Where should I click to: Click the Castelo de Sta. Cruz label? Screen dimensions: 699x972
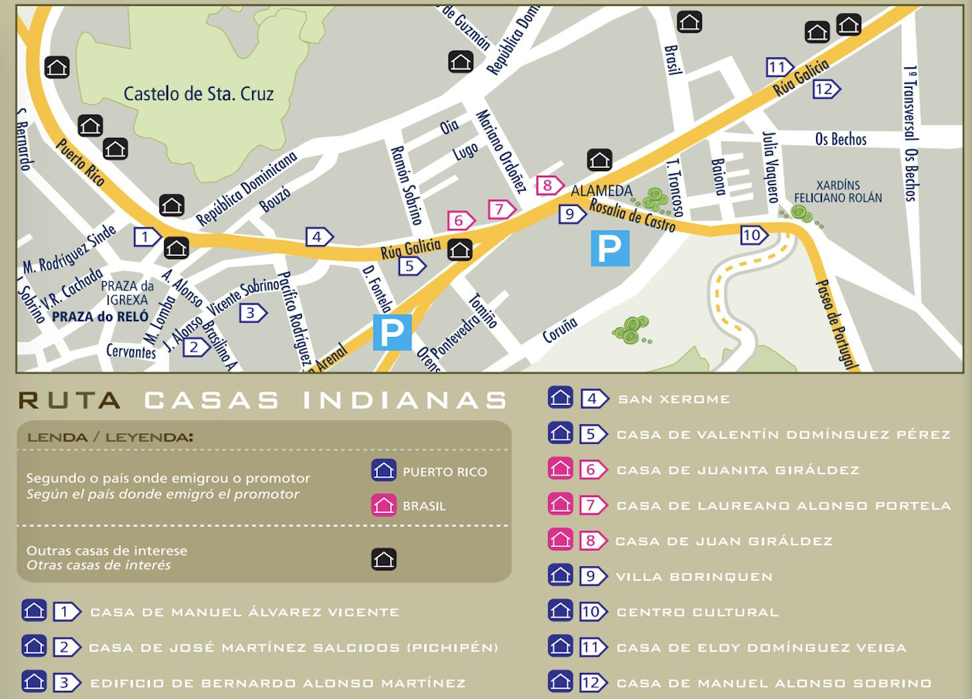199,94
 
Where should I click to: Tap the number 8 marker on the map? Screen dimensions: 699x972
549,185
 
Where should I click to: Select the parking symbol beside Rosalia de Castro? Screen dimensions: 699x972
609,248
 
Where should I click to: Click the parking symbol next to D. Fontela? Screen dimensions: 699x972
392,331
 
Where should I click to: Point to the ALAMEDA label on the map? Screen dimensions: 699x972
601,191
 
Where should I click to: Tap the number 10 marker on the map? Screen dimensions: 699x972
753,235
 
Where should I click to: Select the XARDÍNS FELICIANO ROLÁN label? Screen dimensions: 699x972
837,191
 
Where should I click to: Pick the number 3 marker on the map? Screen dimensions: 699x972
252,313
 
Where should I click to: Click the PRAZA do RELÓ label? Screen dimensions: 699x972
100,317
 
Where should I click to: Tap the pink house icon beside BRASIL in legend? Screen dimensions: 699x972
383,505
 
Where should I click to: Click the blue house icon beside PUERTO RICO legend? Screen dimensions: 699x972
383,470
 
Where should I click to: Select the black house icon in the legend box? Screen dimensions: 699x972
383,559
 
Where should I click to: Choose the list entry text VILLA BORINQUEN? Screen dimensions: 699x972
694,576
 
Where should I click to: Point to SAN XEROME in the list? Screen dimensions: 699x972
673,399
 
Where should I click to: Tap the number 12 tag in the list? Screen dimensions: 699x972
592,682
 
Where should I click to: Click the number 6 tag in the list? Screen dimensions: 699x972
592,470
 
